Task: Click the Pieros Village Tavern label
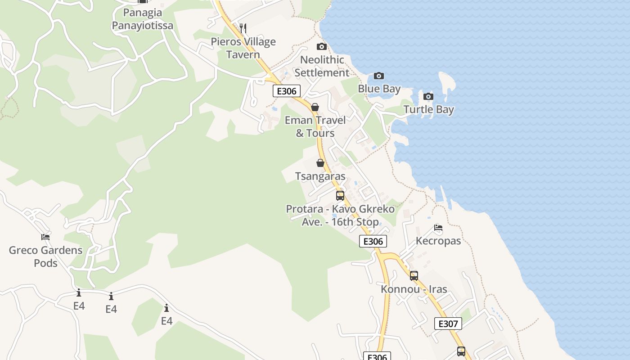point(243,48)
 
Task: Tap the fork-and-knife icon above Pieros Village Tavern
point(243,28)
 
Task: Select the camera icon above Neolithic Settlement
point(321,46)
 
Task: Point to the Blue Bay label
point(379,89)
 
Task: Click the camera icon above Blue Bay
point(379,76)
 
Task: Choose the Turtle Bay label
point(428,109)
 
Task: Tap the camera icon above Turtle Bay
point(428,96)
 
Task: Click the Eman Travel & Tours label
point(315,126)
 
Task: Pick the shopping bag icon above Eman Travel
point(315,107)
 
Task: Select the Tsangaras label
point(320,176)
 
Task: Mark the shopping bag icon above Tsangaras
point(320,163)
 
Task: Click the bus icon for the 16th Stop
point(340,196)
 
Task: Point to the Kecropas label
point(438,241)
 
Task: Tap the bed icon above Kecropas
point(438,228)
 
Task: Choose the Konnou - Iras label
point(414,289)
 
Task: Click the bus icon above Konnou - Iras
point(414,276)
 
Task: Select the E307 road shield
point(448,324)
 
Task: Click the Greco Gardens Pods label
point(45,256)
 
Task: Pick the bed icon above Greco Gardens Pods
point(45,237)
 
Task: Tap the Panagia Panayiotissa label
point(142,19)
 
